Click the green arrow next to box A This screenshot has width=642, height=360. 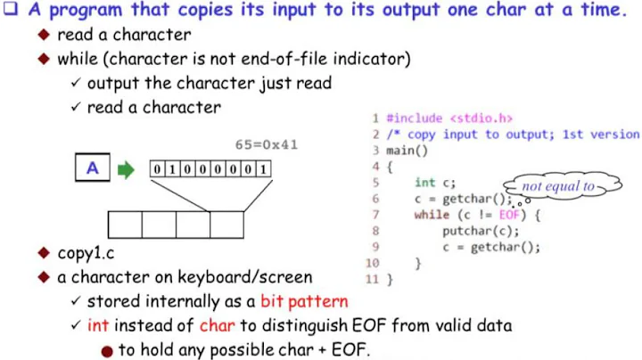127,169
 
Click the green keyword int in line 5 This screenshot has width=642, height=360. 424,183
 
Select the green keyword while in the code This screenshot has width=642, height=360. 432,215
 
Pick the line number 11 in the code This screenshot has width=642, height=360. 373,280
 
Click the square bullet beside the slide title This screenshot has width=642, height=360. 12,11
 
